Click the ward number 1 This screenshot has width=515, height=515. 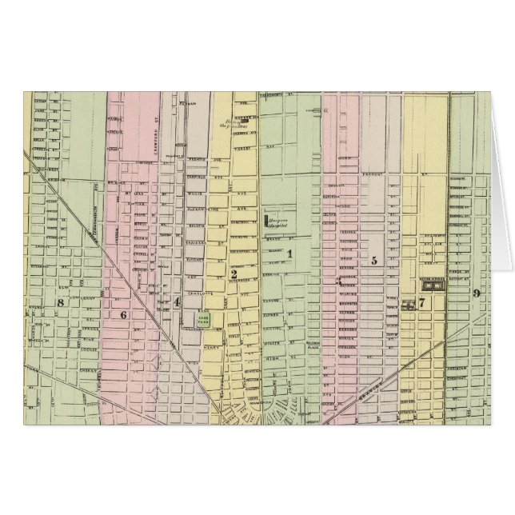[x=289, y=254]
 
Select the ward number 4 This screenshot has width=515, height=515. [x=177, y=301]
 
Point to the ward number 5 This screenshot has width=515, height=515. [x=373, y=260]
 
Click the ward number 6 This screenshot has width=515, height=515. [x=123, y=314]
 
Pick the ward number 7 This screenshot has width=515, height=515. [x=421, y=302]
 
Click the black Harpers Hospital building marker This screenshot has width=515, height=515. [x=265, y=218]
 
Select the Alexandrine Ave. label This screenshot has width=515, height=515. [x=198, y=205]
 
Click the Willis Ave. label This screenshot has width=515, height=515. [x=190, y=192]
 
